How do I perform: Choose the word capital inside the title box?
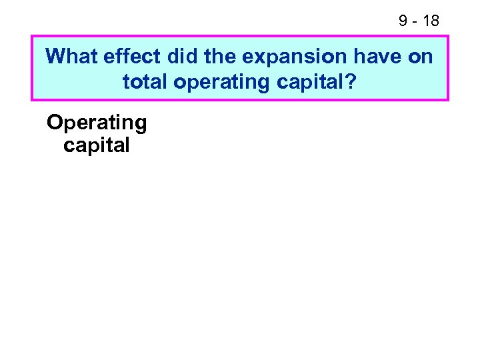[x=313, y=83]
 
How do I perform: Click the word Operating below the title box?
[x=97, y=123]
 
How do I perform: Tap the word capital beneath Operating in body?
[x=97, y=145]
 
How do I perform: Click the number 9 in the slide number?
[x=403, y=21]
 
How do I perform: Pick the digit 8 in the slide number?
[x=435, y=21]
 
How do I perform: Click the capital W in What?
[x=55, y=56]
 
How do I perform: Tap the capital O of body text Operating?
[x=55, y=122]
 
